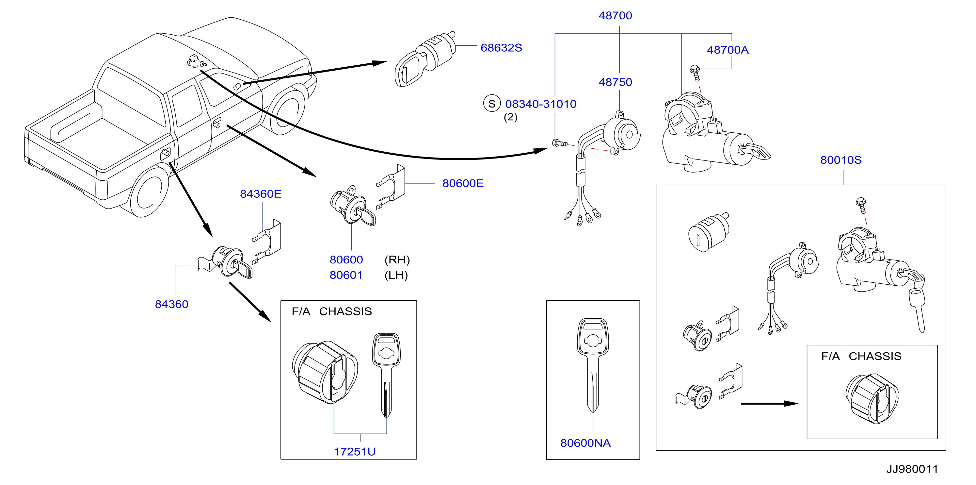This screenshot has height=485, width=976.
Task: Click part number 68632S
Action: [501, 48]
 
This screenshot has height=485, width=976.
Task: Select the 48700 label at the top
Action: [615, 16]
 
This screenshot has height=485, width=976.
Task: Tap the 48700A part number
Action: [728, 50]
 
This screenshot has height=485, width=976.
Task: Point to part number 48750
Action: [615, 82]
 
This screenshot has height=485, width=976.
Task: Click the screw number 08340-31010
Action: [541, 104]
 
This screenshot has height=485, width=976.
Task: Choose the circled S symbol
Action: [492, 104]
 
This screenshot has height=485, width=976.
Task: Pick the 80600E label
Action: [463, 184]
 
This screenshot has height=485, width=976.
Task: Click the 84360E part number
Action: [261, 194]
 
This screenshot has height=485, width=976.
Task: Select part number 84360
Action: [172, 304]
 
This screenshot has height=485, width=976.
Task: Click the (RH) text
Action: [397, 260]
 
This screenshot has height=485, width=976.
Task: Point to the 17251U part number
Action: [355, 452]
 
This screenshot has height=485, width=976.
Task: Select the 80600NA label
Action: [585, 443]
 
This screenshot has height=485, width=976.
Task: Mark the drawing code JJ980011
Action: [912, 469]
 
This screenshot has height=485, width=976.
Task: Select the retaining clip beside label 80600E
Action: [391, 187]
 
